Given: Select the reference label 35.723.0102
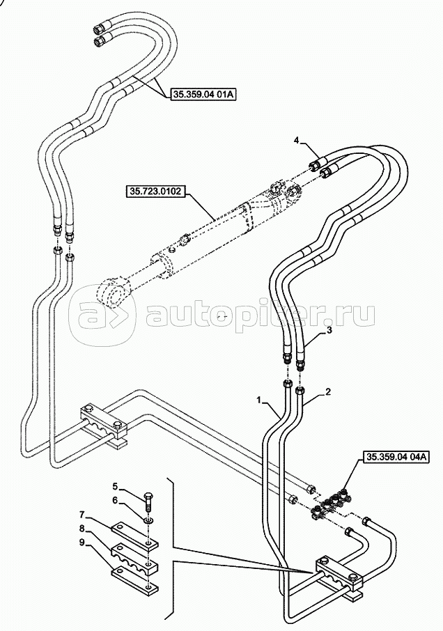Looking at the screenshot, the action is pyautogui.click(x=155, y=191).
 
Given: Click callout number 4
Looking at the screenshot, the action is pyautogui.click(x=296, y=141).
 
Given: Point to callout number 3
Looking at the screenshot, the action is pyautogui.click(x=329, y=331).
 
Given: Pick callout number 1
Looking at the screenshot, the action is pyautogui.click(x=260, y=400).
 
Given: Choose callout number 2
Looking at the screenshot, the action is pyautogui.click(x=328, y=392).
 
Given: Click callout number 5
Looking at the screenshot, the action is pyautogui.click(x=115, y=488).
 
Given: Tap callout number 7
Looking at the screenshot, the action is pyautogui.click(x=81, y=514).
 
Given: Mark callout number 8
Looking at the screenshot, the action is pyautogui.click(x=81, y=528).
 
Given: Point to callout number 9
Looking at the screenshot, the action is pyautogui.click(x=81, y=543).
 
